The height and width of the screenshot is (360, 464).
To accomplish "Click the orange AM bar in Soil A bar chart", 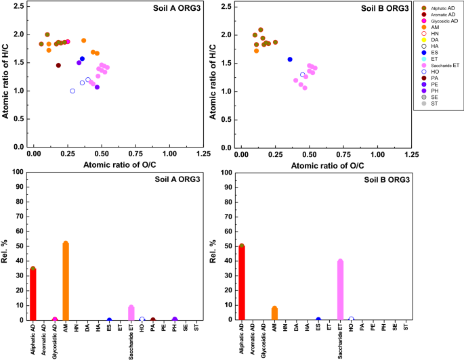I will (x=66, y=282).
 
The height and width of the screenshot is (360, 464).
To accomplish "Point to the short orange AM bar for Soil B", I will (x=274, y=313).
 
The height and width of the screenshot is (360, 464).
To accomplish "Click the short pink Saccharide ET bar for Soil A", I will (x=131, y=313).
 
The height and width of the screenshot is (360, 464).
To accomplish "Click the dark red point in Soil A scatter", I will (x=58, y=66).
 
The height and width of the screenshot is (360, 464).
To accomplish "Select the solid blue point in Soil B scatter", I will (x=290, y=60).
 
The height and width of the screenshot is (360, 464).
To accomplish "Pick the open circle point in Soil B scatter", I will (x=303, y=75).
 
